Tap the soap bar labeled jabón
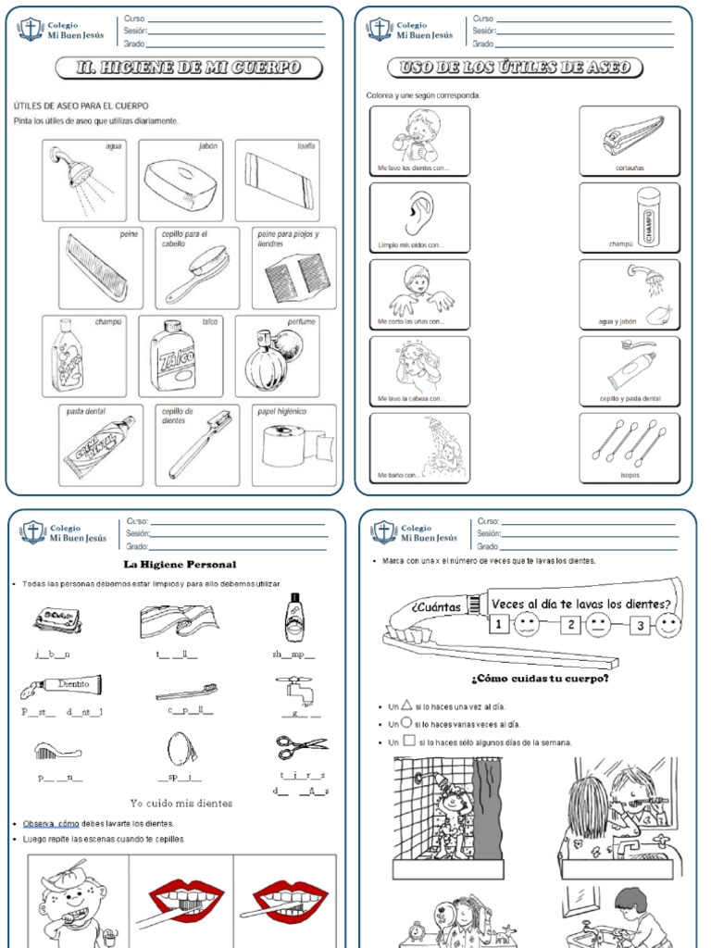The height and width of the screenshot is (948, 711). [x=181, y=180]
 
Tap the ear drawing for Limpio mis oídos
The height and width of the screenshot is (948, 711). [x=418, y=214]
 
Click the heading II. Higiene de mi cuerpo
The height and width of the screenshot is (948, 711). [x=188, y=68]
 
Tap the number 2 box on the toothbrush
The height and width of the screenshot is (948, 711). [x=572, y=625]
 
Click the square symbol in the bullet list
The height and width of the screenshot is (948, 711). [x=408, y=742]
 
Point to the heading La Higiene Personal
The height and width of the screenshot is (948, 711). [x=180, y=564]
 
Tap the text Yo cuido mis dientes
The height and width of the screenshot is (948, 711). [x=181, y=803]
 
